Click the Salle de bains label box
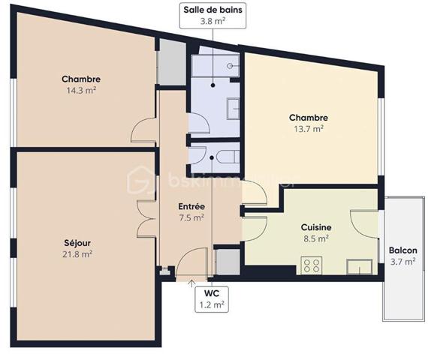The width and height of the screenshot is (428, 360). click(x=213, y=16)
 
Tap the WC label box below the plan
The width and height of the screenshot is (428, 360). click(x=212, y=298)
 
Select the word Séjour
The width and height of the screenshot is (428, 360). click(x=77, y=243)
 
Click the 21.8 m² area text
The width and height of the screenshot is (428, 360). click(x=77, y=254)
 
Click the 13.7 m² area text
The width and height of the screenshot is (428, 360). click(x=308, y=128)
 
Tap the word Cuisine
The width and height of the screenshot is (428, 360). click(x=316, y=227)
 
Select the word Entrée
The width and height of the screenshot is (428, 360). click(x=192, y=207)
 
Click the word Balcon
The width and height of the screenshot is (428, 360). click(x=403, y=250)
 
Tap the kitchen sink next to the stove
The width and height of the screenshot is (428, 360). click(x=357, y=265)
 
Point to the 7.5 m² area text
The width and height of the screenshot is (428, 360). click(x=192, y=218)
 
